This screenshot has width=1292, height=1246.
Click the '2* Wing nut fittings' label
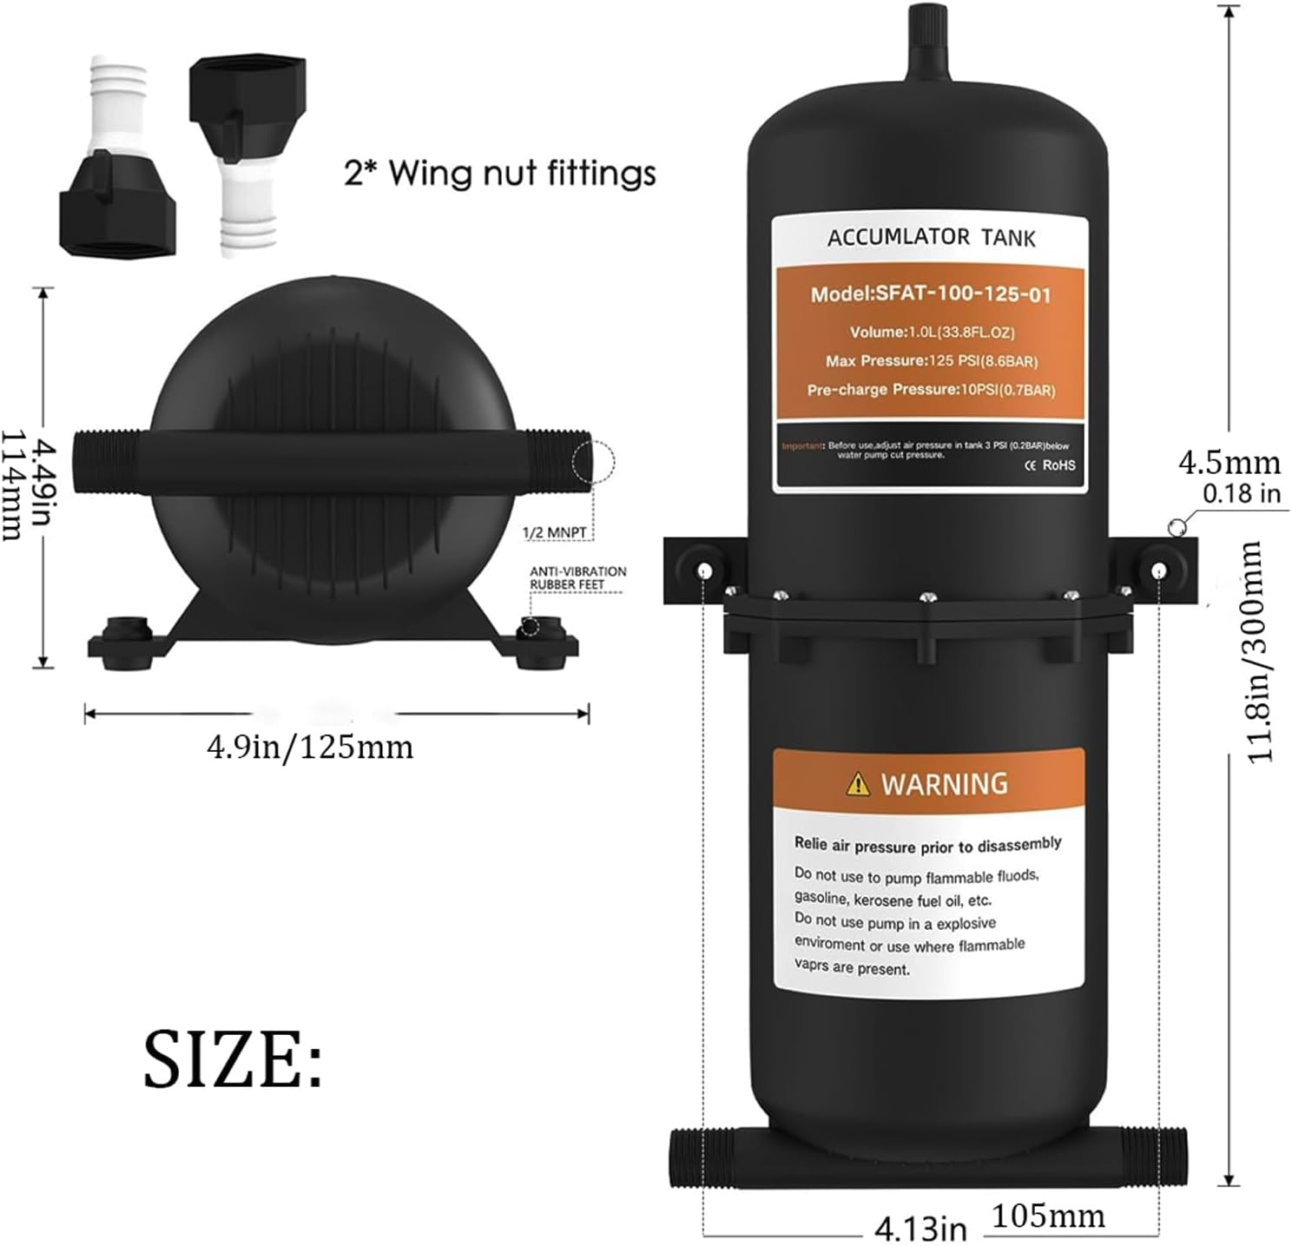click(499, 173)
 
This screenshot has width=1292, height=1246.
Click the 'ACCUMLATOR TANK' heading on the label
click(931, 237)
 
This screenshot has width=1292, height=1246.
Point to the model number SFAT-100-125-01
click(931, 294)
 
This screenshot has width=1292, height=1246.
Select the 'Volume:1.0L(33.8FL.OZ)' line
click(931, 333)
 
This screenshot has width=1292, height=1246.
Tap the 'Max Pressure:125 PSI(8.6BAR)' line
click(931, 361)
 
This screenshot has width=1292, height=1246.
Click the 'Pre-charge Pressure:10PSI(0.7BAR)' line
click(931, 390)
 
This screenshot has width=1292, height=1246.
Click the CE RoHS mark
click(1050, 465)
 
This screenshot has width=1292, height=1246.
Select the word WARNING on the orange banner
click(945, 784)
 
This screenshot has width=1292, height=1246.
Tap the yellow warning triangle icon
click(857, 785)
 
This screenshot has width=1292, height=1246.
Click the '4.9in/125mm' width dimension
click(310, 747)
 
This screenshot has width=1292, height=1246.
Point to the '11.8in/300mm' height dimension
click(1261, 651)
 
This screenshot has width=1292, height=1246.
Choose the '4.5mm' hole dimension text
click(1229, 463)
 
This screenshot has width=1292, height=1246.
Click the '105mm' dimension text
click(1048, 1216)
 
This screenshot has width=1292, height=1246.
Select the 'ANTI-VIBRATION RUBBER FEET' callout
click(577, 577)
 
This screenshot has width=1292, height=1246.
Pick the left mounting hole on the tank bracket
click(704, 570)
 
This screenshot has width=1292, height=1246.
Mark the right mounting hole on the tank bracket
click(1158, 570)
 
